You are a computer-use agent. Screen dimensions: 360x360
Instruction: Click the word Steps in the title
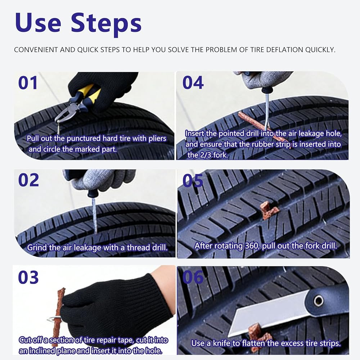[106, 24]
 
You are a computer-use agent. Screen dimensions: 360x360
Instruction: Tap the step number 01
[28, 83]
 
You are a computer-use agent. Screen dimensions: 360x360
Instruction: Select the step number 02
[28, 180]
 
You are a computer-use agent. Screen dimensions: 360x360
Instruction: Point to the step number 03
[28, 277]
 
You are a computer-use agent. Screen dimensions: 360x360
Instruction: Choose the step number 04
[193, 83]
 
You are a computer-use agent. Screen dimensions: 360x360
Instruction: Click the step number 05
[193, 180]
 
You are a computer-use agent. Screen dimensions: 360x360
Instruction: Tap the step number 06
[193, 277]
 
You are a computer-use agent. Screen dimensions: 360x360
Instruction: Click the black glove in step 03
[115, 308]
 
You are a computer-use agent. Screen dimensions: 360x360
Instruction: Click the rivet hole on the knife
[319, 300]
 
